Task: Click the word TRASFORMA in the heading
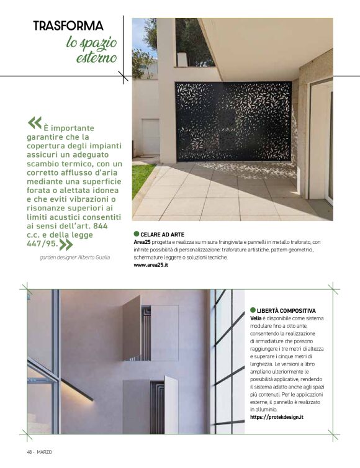(68, 27)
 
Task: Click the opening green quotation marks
(35, 122)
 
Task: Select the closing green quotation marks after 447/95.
(66, 244)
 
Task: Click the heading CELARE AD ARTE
(163, 234)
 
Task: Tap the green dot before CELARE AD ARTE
(137, 234)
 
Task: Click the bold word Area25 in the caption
(143, 242)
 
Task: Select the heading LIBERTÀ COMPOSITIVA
(286, 310)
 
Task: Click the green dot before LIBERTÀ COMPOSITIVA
(253, 310)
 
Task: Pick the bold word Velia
(257, 318)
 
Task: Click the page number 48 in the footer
(29, 451)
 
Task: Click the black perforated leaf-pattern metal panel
(233, 120)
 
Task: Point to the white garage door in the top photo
(151, 137)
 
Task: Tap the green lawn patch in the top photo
(140, 177)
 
